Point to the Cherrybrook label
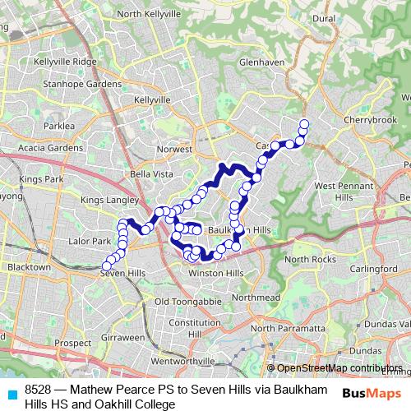point(372,119)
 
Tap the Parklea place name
point(58,126)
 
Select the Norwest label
point(174,150)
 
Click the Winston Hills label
point(217,272)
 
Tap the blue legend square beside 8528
point(11,394)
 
